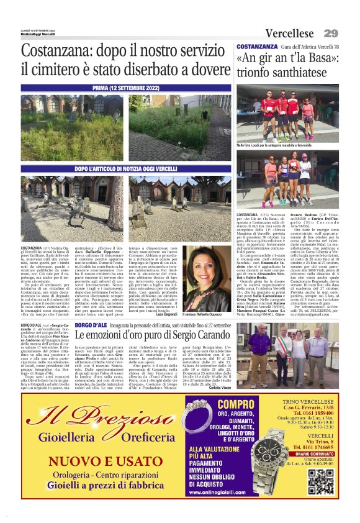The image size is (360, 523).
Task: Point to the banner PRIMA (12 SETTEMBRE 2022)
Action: [x=127, y=89]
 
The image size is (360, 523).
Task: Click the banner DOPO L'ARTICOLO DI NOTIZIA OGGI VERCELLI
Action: [x=127, y=168]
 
